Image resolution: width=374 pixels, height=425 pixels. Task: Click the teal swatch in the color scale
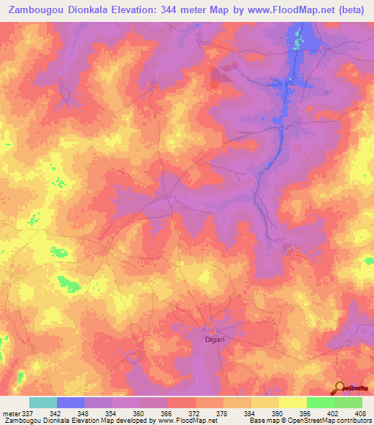[43, 402]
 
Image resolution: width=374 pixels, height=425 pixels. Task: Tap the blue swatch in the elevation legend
[71, 402]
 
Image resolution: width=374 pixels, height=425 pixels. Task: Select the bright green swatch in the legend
[321, 402]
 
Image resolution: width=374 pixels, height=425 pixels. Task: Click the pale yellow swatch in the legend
[293, 402]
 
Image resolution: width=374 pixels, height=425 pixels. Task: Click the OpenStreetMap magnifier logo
[339, 387]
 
